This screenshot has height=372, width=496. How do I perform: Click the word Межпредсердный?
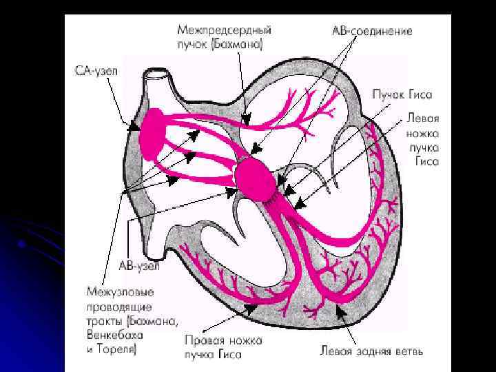point(223,31)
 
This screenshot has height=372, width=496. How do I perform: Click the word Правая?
point(205,340)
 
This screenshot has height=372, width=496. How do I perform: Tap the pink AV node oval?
point(256,178)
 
